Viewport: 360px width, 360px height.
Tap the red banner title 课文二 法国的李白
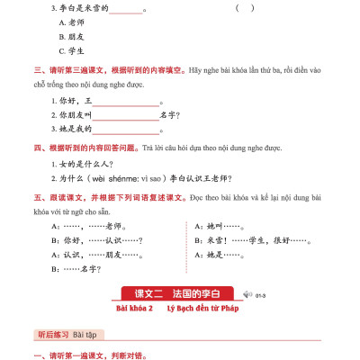(x=181, y=293)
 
